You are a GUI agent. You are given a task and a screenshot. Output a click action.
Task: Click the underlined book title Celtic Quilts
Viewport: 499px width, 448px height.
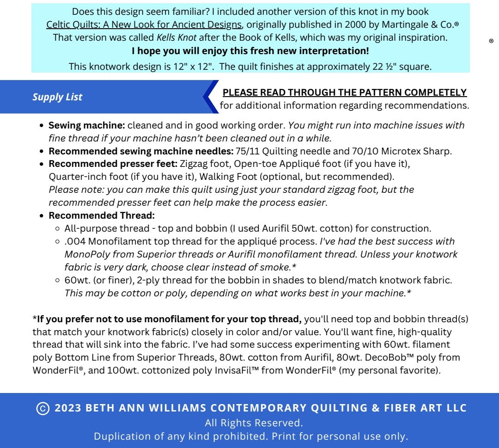(x=144, y=25)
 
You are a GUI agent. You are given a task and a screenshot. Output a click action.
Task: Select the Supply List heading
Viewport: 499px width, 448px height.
(x=57, y=97)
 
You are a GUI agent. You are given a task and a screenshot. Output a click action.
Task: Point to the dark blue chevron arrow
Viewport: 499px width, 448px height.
(x=210, y=97)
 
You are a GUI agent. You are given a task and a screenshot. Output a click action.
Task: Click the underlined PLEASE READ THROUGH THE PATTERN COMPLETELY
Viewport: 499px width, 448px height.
(x=345, y=92)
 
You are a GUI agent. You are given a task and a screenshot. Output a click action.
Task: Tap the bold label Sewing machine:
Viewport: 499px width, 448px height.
(x=86, y=125)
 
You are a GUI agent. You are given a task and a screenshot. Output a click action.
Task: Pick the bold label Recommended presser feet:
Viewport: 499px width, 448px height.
(x=113, y=164)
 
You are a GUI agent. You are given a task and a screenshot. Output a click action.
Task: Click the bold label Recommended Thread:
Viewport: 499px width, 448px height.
(x=101, y=215)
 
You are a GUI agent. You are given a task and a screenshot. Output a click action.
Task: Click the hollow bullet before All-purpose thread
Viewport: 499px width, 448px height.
(x=57, y=228)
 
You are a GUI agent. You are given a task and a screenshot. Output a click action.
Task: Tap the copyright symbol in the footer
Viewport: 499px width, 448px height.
(x=43, y=409)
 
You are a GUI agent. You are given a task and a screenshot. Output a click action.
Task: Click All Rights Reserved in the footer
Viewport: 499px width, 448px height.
(x=254, y=423)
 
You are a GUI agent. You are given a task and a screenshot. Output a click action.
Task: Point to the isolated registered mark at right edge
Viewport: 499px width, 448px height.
(x=491, y=41)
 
